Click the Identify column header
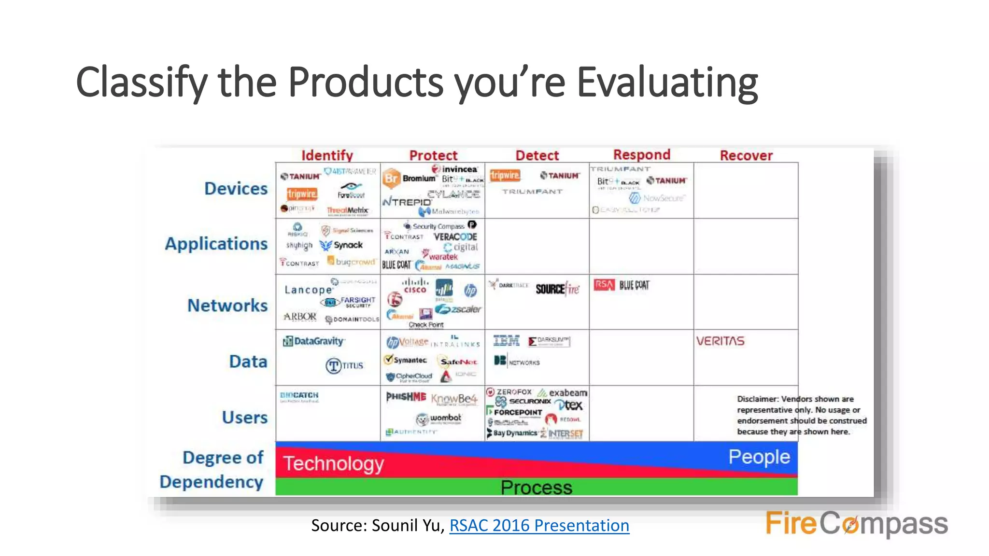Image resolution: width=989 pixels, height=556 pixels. coord(327,155)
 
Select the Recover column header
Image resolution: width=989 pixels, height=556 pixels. coord(746,155)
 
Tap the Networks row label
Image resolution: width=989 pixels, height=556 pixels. coord(227,306)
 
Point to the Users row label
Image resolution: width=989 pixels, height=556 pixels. coord(244,417)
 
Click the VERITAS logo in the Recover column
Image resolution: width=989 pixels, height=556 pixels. coord(720,341)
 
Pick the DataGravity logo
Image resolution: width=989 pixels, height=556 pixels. coord(314,341)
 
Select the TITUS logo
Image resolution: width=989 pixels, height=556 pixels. coord(344,366)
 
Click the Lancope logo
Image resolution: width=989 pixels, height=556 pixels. coord(308,290)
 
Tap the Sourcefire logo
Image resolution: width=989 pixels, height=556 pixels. coord(557,289)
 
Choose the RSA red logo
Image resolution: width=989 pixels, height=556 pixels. coord(604,285)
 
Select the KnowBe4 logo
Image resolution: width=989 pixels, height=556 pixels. coord(453,399)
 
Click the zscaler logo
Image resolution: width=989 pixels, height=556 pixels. coord(458,309)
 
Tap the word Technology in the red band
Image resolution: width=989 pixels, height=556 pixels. coord(333,463)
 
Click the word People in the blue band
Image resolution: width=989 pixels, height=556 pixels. coord(759,457)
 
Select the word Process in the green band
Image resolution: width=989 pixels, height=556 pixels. coord(536,487)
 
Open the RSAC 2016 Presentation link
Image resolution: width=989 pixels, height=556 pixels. coord(539,525)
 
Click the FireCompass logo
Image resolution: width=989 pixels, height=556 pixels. coord(856,524)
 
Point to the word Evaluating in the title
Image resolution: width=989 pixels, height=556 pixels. coord(667,82)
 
